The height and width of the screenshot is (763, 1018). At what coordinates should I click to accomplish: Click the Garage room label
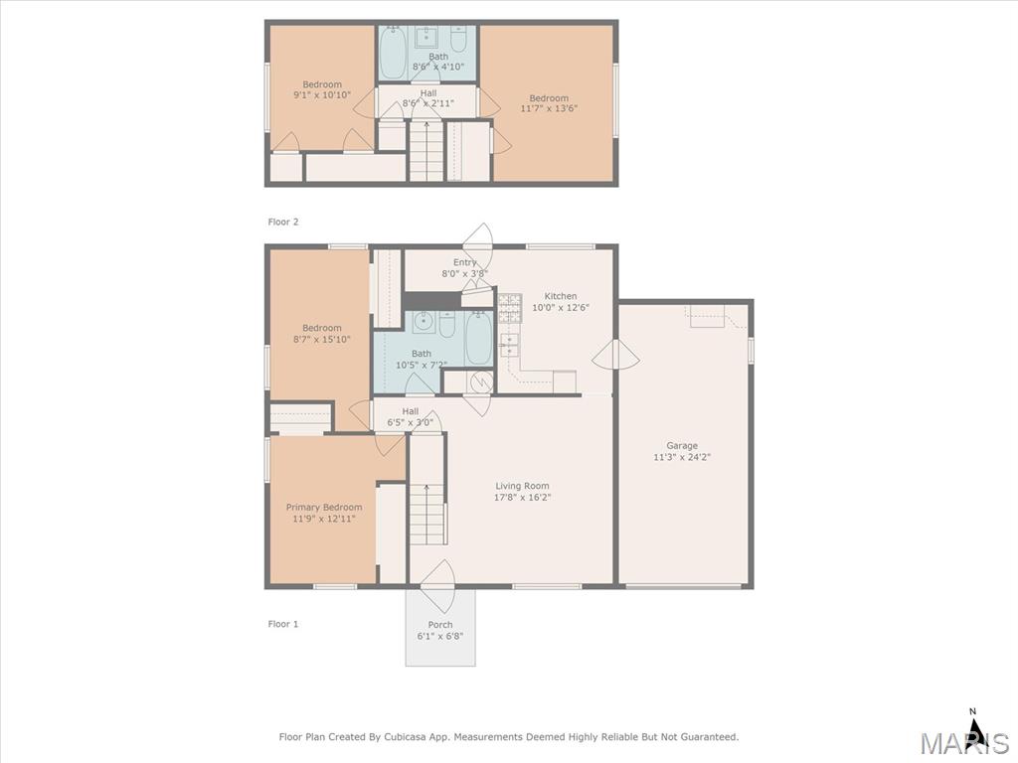pyautogui.click(x=682, y=446)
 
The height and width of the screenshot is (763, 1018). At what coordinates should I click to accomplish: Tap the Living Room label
pyautogui.click(x=522, y=486)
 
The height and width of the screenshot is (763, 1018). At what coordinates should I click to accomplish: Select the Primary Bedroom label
pyautogui.click(x=324, y=508)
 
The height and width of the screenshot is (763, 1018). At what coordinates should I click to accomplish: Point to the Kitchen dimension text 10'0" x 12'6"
pyautogui.click(x=561, y=308)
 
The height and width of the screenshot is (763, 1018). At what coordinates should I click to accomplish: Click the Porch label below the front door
pyautogui.click(x=440, y=625)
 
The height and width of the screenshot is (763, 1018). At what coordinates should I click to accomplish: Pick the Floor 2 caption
pyautogui.click(x=283, y=222)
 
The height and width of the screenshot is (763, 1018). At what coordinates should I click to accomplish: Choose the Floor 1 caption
pyautogui.click(x=283, y=624)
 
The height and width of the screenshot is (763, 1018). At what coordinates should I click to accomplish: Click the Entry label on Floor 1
pyautogui.click(x=465, y=262)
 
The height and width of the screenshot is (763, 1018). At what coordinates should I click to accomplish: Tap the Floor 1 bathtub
pyautogui.click(x=479, y=338)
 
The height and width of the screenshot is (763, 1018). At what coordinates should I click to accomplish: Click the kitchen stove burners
pyautogui.click(x=510, y=308)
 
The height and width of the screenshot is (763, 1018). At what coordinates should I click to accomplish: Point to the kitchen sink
pyautogui.click(x=509, y=345)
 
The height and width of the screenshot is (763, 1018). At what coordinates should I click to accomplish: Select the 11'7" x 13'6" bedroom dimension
pyautogui.click(x=549, y=108)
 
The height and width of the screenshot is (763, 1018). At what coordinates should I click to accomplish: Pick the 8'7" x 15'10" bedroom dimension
pyautogui.click(x=322, y=339)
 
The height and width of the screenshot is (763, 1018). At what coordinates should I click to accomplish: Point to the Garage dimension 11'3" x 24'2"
pyautogui.click(x=682, y=457)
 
